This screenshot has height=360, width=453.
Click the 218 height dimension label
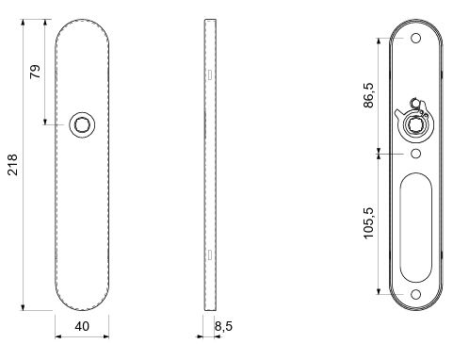[12, 164]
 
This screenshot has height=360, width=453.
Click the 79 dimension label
[35, 72]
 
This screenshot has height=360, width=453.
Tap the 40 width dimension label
[82, 326]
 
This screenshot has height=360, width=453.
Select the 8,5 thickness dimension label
[223, 326]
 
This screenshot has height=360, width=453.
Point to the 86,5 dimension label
[368, 95]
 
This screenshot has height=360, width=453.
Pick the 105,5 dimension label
[369, 222]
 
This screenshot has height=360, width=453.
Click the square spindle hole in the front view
[82, 124]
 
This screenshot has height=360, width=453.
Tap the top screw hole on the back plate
[416, 39]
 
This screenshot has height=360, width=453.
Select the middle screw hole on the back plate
[416, 154]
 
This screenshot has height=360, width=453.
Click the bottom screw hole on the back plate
[416, 294]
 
